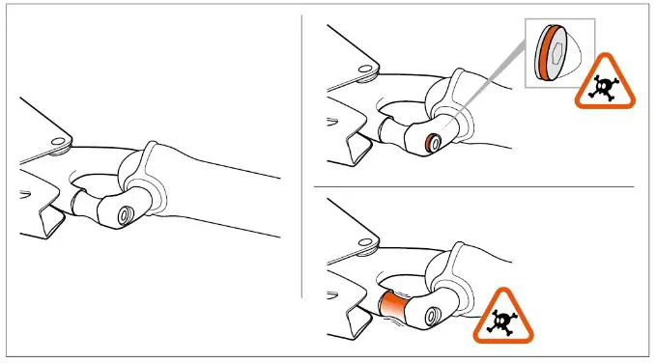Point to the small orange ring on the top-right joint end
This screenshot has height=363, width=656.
pos(431,144)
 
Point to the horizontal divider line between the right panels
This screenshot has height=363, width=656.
pos(473,186)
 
